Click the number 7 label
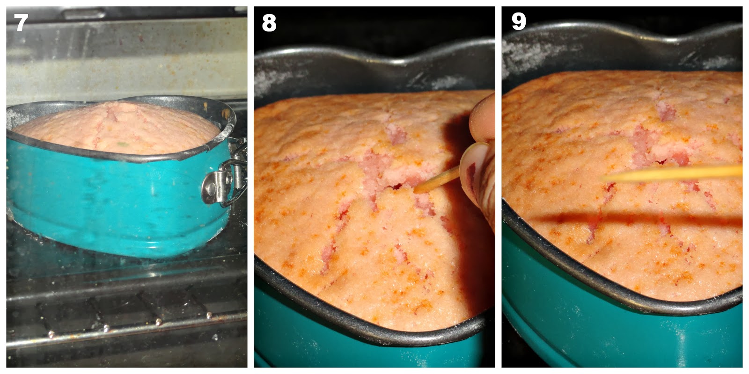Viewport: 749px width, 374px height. point(21,22)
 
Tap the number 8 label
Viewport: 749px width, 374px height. point(269,23)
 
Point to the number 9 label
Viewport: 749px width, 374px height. point(519,22)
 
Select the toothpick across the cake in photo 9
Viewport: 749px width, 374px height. point(672,173)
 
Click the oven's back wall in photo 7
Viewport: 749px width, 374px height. point(127,60)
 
